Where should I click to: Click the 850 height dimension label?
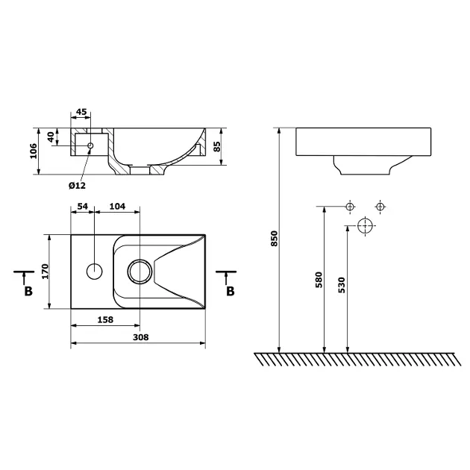pos(275,239)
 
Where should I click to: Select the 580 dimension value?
pos(319,280)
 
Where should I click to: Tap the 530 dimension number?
pos(342,285)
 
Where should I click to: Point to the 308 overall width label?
pos(141,337)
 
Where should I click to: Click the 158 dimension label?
pos(105,319)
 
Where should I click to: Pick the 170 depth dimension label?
pos(45,272)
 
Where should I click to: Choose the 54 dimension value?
pos(83,206)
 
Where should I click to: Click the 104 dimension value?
pos(118,206)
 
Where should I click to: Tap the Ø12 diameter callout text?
pos(77,186)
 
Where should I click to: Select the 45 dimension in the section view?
pos(81,112)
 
